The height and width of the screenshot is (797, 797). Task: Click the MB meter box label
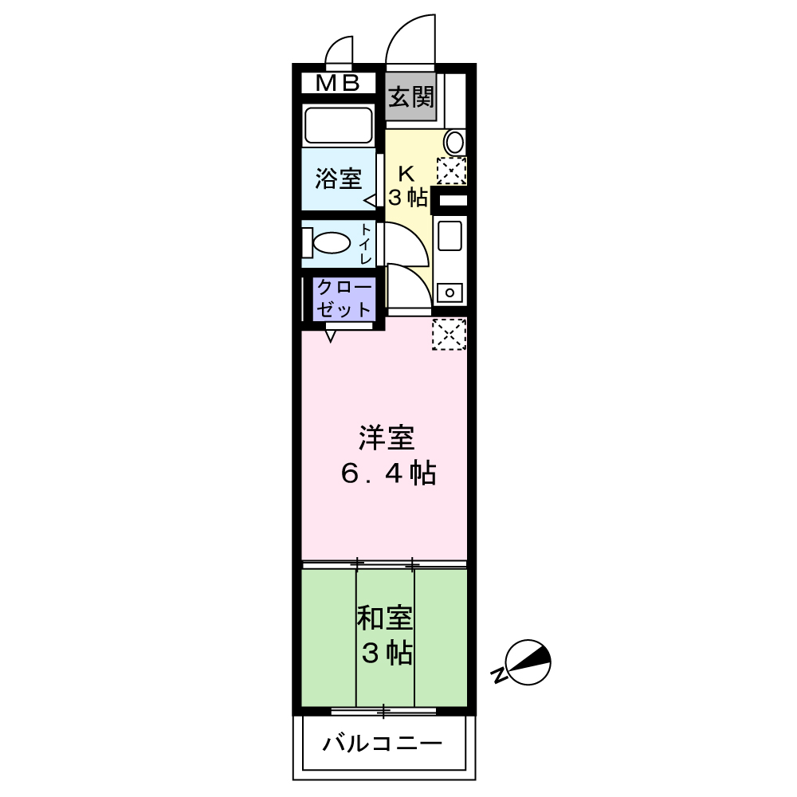click(339, 83)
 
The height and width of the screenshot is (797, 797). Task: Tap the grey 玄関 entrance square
click(411, 97)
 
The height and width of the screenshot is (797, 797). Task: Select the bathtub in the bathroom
click(339, 125)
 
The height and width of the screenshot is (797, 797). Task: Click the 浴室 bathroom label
click(338, 179)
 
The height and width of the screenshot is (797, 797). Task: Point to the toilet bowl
click(331, 242)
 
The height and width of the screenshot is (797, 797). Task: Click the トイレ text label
click(366, 244)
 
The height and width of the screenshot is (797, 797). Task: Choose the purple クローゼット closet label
click(344, 298)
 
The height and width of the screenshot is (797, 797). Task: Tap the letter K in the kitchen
click(406, 173)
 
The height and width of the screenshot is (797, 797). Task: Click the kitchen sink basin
click(450, 236)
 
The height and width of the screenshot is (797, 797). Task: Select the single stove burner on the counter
click(450, 292)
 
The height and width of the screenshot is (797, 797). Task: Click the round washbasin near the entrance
click(454, 143)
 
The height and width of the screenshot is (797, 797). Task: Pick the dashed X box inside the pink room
click(449, 334)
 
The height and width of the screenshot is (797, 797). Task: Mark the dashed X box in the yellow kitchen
click(451, 171)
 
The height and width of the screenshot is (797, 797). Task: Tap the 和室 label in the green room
click(384, 618)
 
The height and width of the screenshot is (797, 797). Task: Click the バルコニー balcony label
click(382, 745)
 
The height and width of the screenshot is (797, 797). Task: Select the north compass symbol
click(527, 662)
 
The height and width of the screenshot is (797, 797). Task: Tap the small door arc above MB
click(341, 51)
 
